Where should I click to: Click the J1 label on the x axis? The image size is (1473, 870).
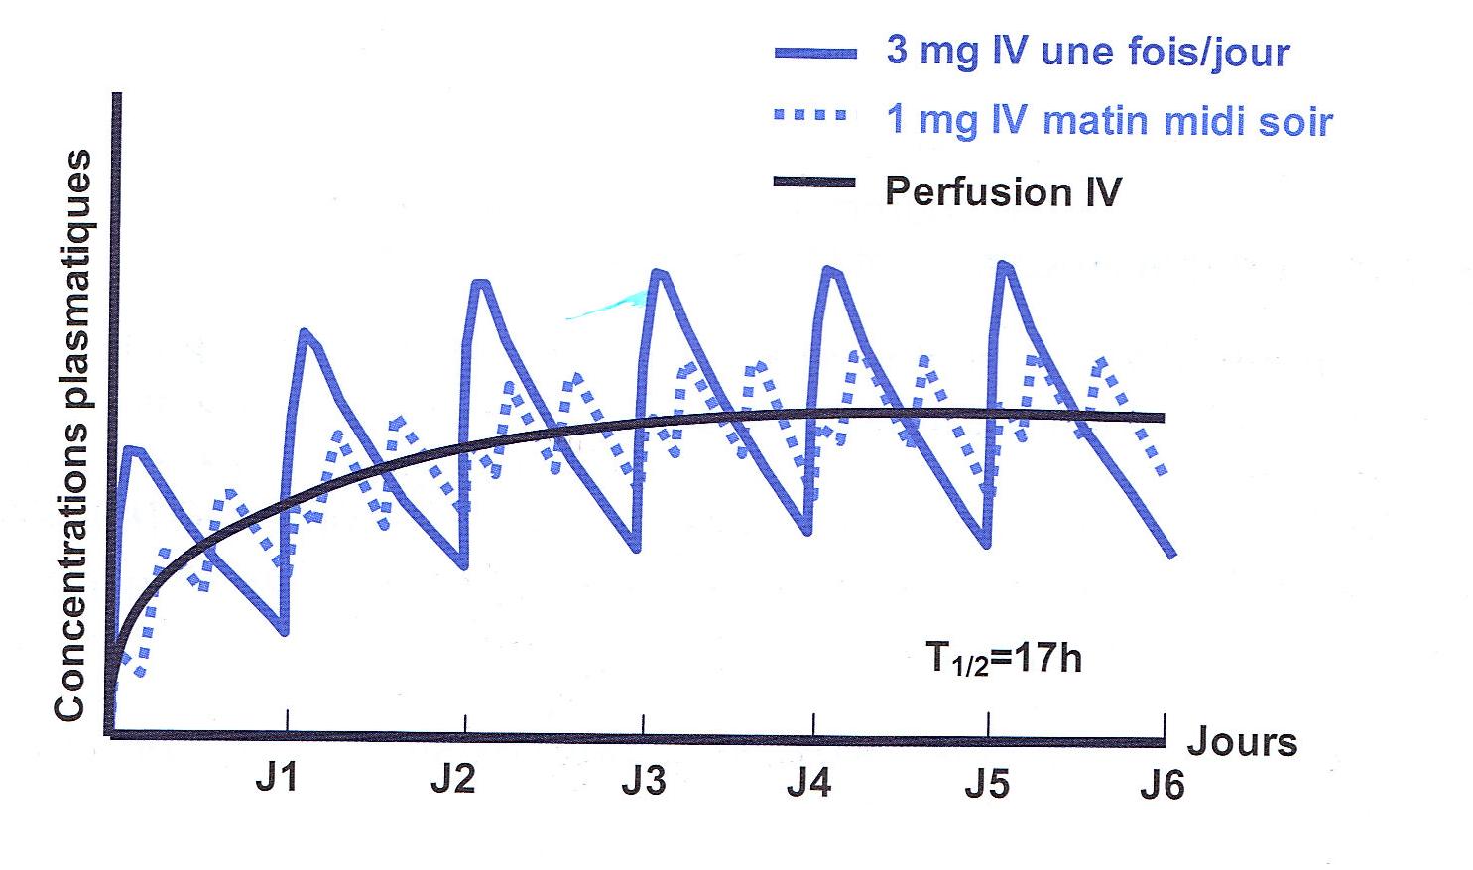tap(276, 779)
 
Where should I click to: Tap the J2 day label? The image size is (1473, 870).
tap(452, 779)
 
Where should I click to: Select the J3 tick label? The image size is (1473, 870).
tap(644, 782)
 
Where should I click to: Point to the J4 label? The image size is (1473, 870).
tap(808, 782)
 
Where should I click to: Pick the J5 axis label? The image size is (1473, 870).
tap(987, 782)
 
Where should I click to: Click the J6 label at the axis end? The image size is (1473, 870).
tap(1162, 785)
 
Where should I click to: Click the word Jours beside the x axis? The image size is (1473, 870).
tap(1242, 741)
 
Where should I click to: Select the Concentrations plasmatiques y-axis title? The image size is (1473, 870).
tap(73, 435)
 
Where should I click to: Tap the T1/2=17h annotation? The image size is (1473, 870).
tap(1003, 659)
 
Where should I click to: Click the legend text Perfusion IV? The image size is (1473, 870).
tap(1002, 190)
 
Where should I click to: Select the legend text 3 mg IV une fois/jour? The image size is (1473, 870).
tap(1087, 51)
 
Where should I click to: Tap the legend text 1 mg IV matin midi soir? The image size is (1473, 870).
tap(1109, 120)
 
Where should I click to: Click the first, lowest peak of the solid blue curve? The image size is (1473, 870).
tap(135, 450)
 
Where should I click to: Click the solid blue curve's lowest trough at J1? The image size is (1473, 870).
tap(285, 632)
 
